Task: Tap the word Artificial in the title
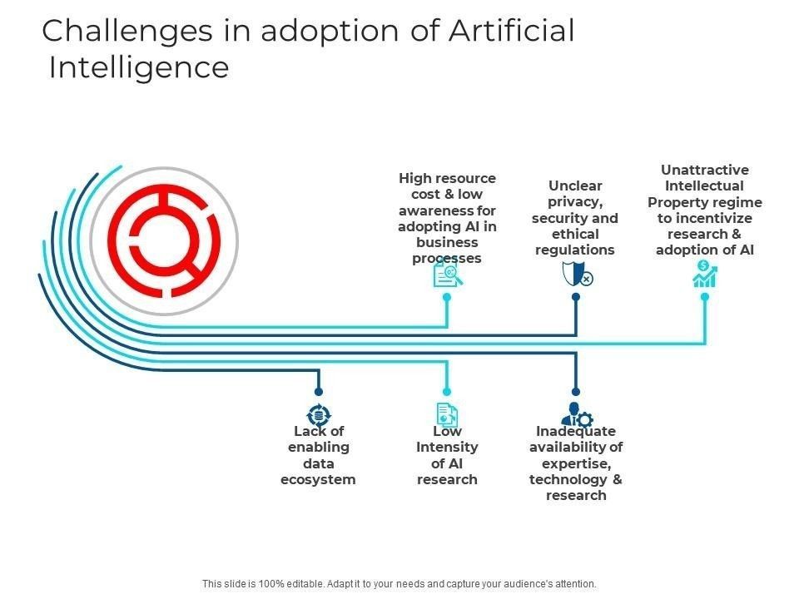click(x=512, y=31)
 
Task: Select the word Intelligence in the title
click(x=139, y=67)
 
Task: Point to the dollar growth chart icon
click(x=705, y=274)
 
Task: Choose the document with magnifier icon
click(x=448, y=275)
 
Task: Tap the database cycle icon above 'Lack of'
click(x=319, y=415)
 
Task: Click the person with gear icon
click(x=577, y=414)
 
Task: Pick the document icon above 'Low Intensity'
click(x=448, y=414)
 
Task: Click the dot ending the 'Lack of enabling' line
click(x=319, y=392)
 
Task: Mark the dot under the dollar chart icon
click(x=705, y=297)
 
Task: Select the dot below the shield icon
click(x=576, y=297)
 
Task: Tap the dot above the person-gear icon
click(x=576, y=392)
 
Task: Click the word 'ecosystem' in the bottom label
click(x=318, y=480)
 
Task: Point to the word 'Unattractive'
click(x=705, y=170)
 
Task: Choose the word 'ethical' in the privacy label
click(x=575, y=235)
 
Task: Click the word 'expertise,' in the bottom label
click(x=576, y=464)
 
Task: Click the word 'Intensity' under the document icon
click(x=447, y=448)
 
